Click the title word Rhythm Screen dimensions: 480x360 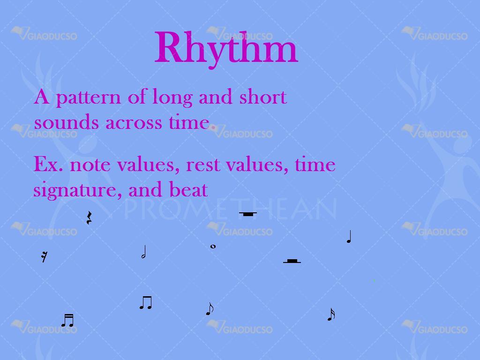pos(226,48)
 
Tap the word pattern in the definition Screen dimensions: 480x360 pos(89,98)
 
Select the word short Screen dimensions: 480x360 pos(263,97)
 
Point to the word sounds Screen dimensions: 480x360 pos(66,122)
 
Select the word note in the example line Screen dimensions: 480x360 pos(90,165)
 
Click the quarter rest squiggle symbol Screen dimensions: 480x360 pos(89,217)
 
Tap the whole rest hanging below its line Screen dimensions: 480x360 pos(247,214)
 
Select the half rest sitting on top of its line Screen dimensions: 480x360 pos(292,261)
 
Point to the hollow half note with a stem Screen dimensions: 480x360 pos(144,252)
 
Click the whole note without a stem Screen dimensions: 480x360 pos(213,247)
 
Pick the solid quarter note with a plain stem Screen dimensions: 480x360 pos(349,237)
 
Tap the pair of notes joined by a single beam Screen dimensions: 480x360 pos(146,303)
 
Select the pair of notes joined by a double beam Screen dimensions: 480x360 pos(67,321)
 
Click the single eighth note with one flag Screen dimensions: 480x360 pos(210,309)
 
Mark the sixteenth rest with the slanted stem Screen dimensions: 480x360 pos(45,256)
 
